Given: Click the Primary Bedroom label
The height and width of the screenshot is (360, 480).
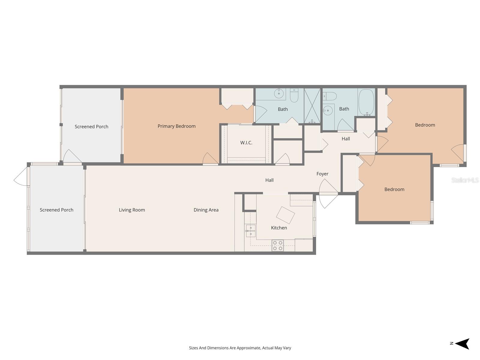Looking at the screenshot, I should (x=176, y=126).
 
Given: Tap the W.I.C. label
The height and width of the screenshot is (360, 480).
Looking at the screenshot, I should (x=246, y=143).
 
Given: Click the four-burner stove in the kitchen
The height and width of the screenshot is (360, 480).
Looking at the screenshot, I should (x=277, y=245).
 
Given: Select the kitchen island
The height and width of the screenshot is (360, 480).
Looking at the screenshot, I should (x=285, y=215).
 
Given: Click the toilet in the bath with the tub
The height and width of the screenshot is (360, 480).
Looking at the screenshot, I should (x=330, y=96).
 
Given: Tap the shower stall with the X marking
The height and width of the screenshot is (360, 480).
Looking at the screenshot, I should (x=312, y=106).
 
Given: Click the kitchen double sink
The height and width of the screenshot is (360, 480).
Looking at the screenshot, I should (x=250, y=231).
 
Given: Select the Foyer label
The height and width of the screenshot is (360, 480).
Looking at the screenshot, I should (x=322, y=174).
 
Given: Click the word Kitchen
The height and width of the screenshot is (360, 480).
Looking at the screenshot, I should (x=279, y=228).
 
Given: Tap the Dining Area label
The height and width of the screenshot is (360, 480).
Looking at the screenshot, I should (x=206, y=210).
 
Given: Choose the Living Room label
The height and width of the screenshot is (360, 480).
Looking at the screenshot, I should (x=132, y=210).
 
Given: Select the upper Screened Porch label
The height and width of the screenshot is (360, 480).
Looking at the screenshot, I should (x=91, y=127).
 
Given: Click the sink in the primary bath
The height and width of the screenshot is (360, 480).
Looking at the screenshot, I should (x=279, y=94).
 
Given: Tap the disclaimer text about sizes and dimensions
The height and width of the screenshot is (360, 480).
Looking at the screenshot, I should (x=240, y=348).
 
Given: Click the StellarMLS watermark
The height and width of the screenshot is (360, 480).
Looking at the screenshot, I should (x=465, y=180).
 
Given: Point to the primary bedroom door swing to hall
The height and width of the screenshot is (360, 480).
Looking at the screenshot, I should (x=210, y=159).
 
